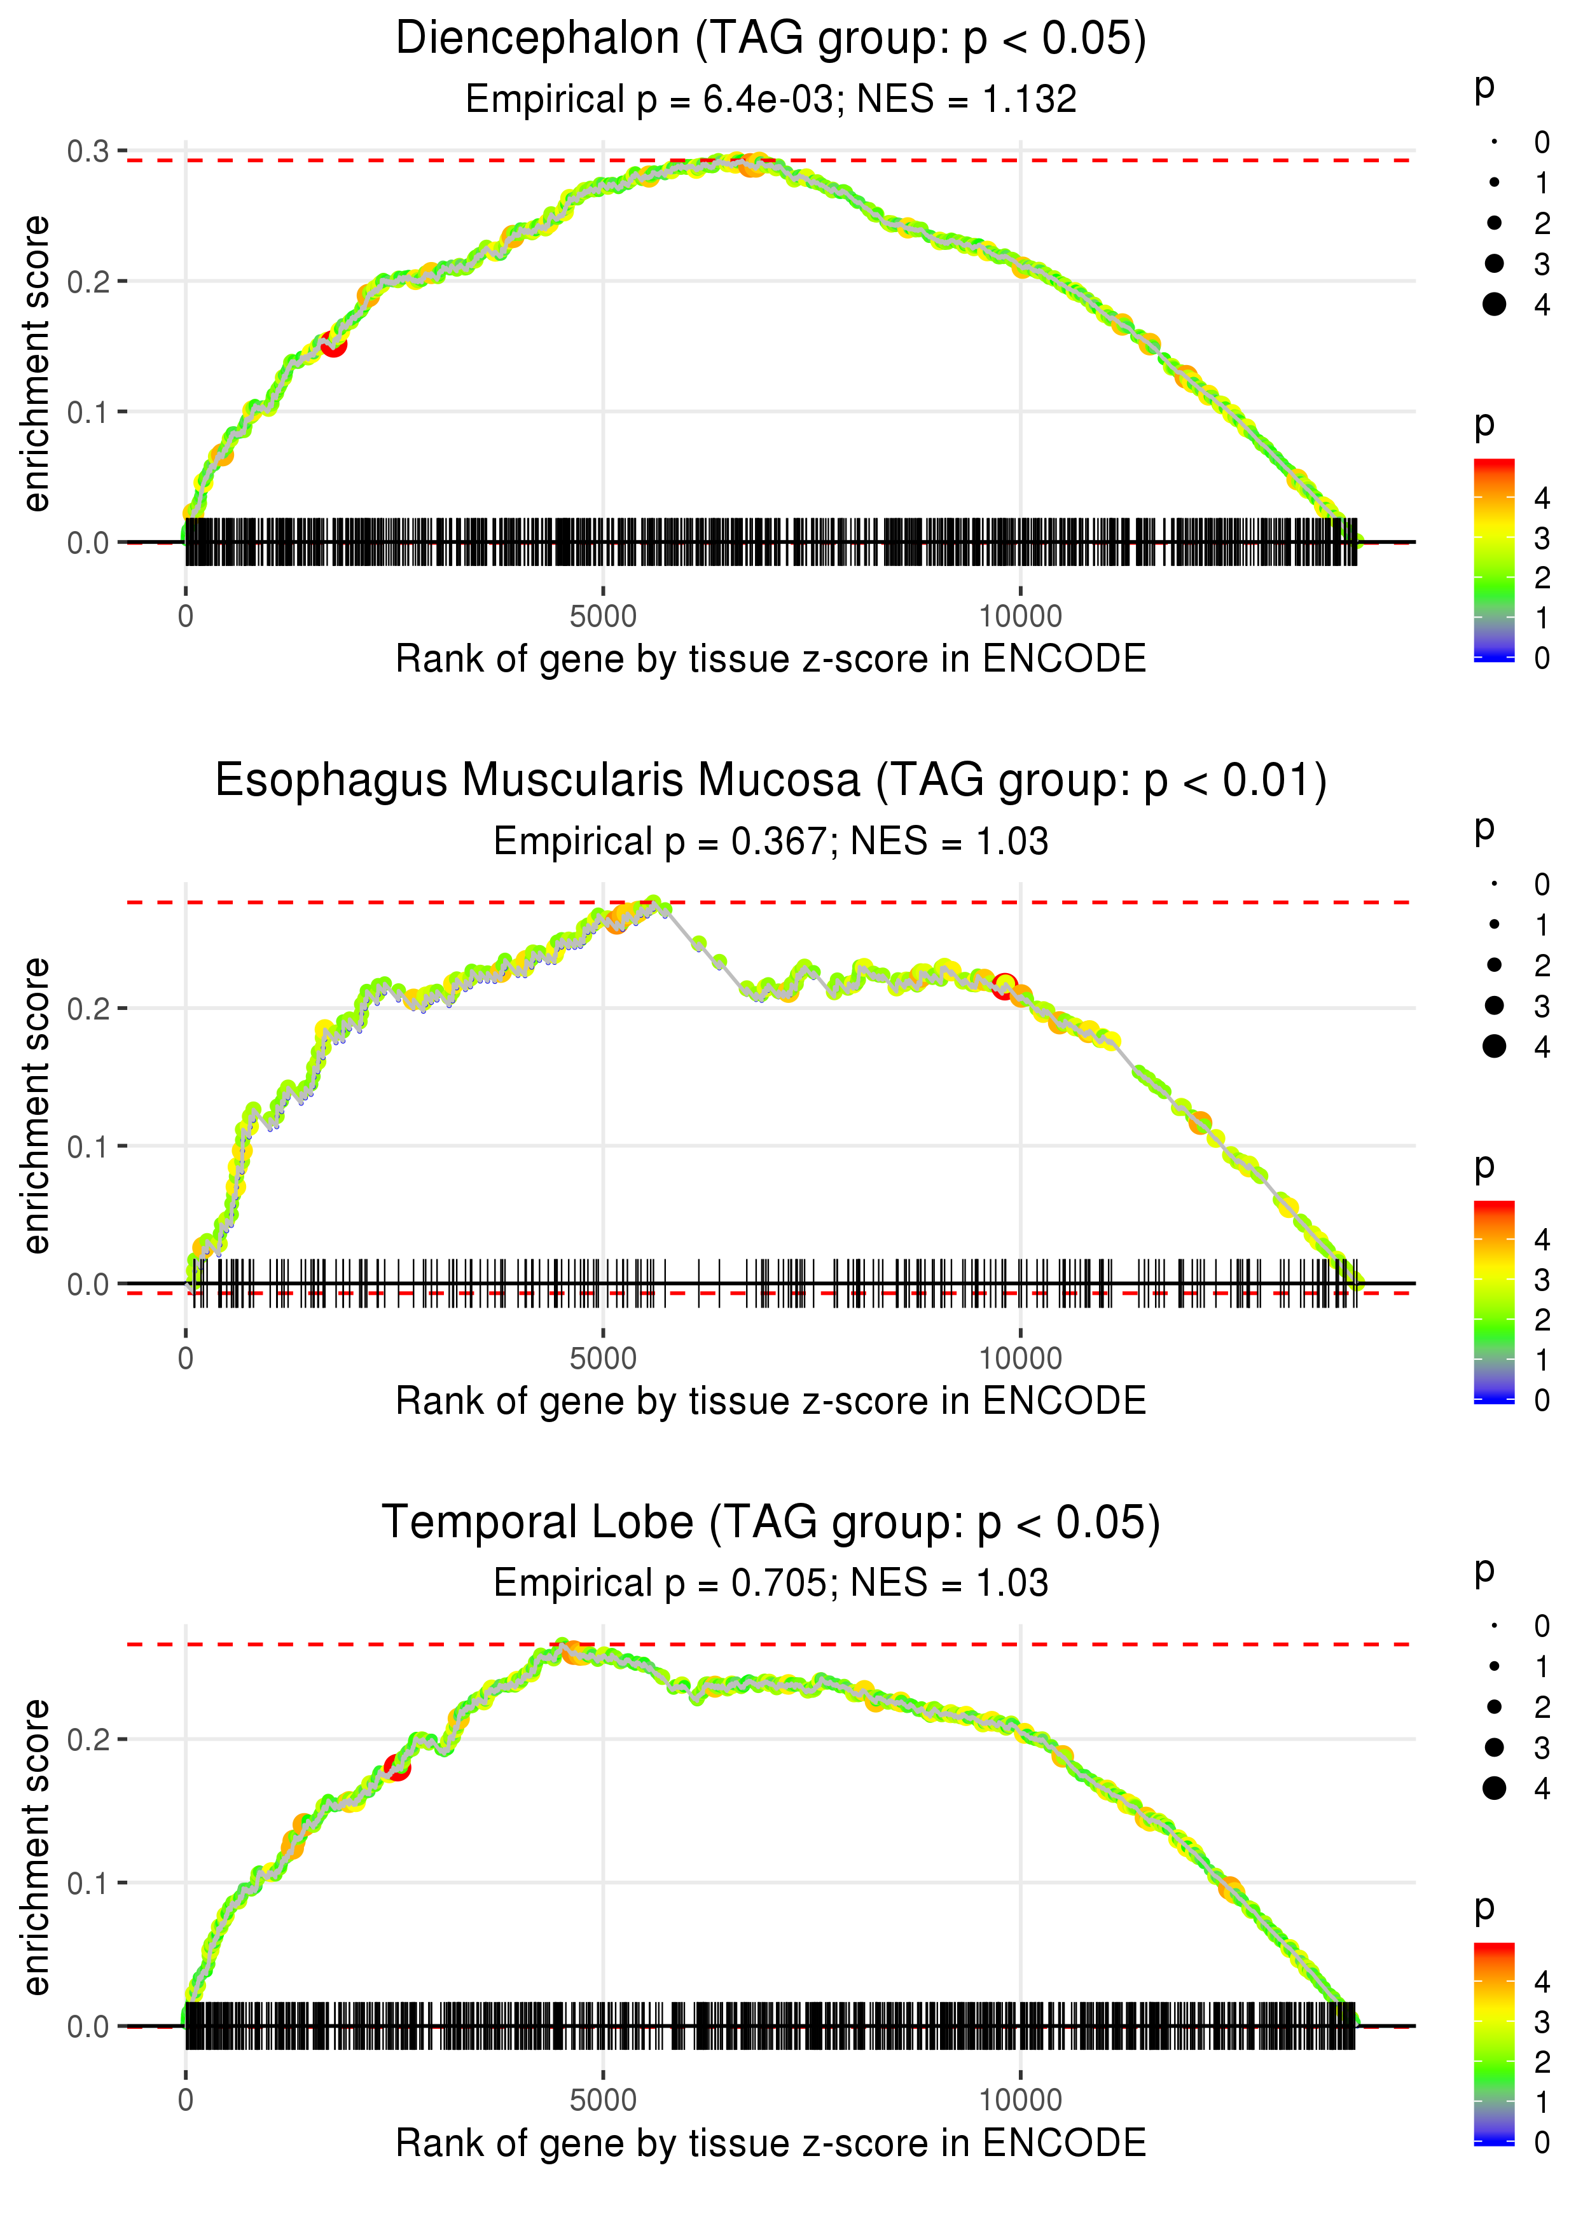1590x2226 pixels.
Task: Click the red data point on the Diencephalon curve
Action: point(333,343)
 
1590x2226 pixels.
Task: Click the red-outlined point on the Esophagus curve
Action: point(1004,986)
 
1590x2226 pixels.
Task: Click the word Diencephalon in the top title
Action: point(537,39)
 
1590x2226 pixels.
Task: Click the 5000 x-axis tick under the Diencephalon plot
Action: point(603,617)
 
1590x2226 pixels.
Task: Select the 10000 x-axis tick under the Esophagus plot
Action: point(1020,1358)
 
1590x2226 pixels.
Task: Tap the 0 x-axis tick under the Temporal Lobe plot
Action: point(186,2101)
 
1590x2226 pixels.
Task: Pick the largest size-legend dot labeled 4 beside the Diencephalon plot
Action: point(1494,305)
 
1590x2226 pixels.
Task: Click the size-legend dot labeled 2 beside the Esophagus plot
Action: point(1494,965)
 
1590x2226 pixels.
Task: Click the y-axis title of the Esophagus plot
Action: point(36,1106)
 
